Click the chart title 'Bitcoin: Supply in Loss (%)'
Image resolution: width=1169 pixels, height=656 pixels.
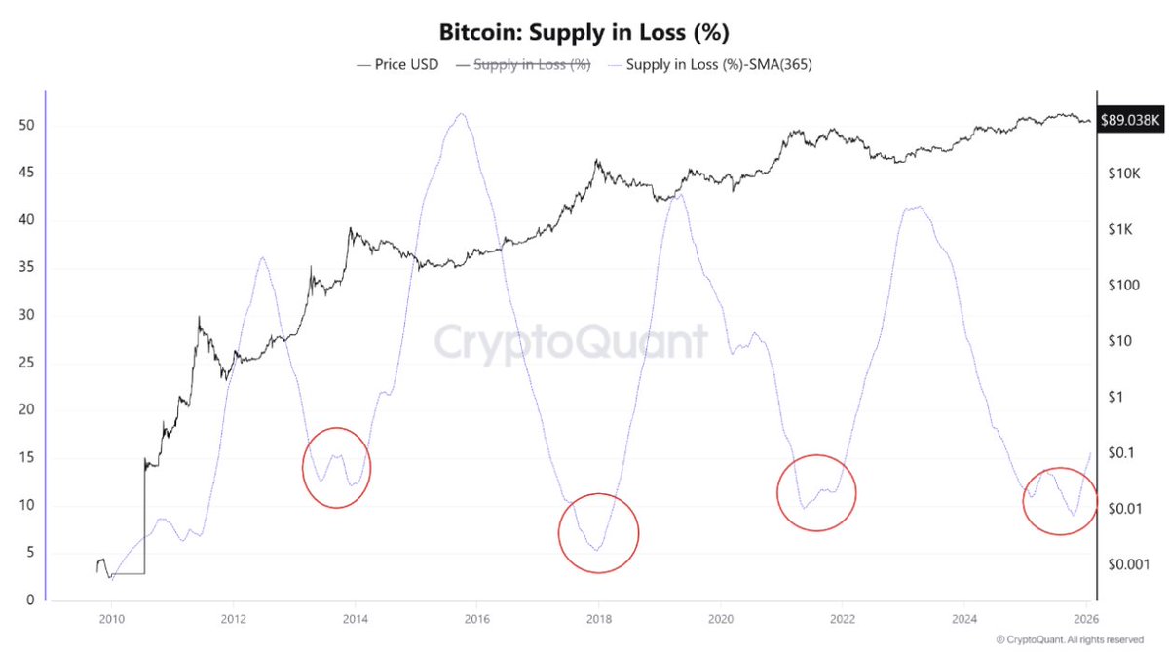click(584, 32)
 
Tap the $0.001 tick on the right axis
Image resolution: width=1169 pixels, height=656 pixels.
click(1123, 565)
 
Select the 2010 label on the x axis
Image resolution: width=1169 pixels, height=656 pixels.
click(111, 619)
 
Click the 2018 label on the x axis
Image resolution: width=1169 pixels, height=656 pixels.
click(598, 619)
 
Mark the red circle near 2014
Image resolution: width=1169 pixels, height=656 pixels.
click(336, 468)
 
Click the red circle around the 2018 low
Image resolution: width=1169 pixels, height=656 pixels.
click(598, 533)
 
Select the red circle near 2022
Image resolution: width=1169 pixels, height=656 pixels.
click(816, 492)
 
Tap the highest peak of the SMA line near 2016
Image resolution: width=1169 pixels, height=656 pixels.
click(461, 114)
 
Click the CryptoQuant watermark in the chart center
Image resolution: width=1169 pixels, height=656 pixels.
click(570, 343)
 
